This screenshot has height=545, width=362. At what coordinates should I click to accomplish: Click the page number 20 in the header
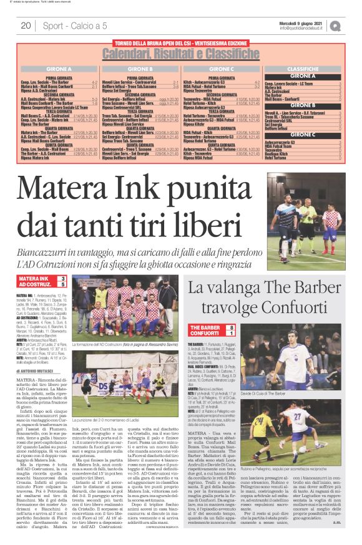[x=26, y=26]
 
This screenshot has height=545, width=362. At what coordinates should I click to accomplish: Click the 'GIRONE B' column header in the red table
[x=142, y=69]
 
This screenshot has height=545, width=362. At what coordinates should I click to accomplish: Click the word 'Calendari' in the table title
[x=135, y=54]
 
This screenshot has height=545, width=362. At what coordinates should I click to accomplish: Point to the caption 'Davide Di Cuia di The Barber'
[x=290, y=395]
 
